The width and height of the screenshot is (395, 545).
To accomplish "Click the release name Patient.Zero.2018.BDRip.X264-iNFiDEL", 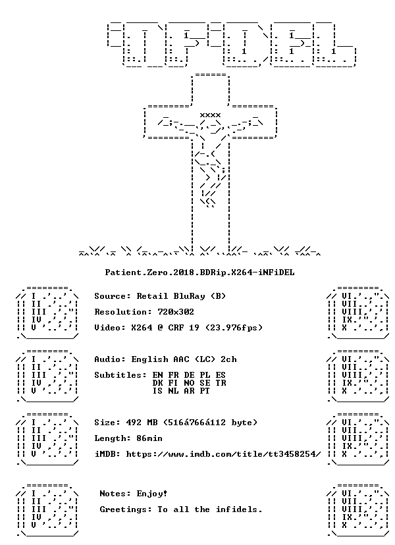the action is tap(199, 272).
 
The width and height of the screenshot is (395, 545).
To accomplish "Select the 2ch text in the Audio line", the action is tap(228, 359).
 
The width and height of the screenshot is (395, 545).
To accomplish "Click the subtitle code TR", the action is tap(221, 383).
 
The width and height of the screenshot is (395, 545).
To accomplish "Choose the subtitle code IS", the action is tap(157, 391).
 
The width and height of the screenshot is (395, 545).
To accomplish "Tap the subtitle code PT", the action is tap(205, 391).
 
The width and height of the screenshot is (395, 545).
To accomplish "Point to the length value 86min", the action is tap(149, 438).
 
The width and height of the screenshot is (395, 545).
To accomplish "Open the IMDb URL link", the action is tap(223, 454).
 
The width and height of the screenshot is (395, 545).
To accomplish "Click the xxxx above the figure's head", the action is tap(210, 115).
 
